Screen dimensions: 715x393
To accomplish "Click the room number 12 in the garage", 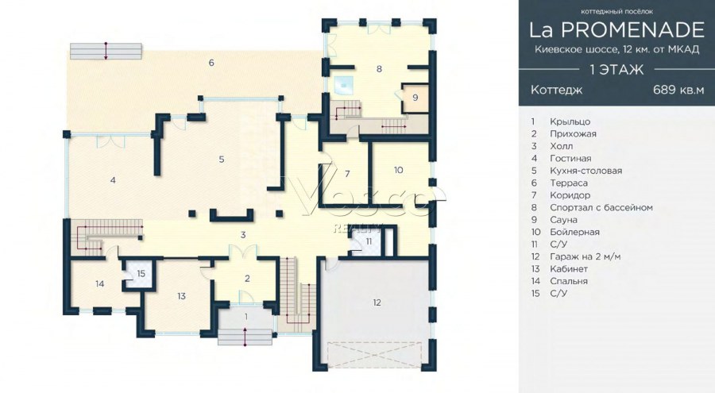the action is pyautogui.click(x=377, y=302).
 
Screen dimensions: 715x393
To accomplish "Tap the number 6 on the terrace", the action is pyautogui.click(x=211, y=63).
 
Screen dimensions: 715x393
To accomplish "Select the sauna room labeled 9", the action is pyautogui.click(x=415, y=98).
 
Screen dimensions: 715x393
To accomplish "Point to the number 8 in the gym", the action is pyautogui.click(x=379, y=69).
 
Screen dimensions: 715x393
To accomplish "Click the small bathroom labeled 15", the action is pyautogui.click(x=140, y=274).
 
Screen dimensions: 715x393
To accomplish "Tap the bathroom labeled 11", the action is pyautogui.click(x=368, y=241).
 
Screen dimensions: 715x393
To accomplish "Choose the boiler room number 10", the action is pyautogui.click(x=399, y=170).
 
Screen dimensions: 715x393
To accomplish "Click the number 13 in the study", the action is pyautogui.click(x=181, y=296).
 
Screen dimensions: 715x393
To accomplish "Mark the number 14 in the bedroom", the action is pyautogui.click(x=100, y=284).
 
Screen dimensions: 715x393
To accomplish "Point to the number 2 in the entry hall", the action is pyautogui.click(x=247, y=278).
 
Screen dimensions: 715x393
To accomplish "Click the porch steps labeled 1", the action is pyautogui.click(x=245, y=337).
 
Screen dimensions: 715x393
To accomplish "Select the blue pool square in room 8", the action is pyautogui.click(x=343, y=83).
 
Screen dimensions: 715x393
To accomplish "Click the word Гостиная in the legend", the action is pyautogui.click(x=570, y=159).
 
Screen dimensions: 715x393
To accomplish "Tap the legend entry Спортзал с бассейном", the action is pyautogui.click(x=601, y=208).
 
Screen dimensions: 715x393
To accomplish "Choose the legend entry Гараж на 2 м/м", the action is pyautogui.click(x=585, y=256).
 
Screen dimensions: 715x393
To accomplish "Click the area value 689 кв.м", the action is pyautogui.click(x=679, y=90).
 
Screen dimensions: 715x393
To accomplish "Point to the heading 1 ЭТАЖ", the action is pyautogui.click(x=616, y=69).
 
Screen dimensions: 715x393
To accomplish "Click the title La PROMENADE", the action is pyautogui.click(x=616, y=29).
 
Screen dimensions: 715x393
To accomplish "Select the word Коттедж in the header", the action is pyautogui.click(x=556, y=90).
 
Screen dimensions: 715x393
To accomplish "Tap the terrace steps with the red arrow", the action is pyautogui.click(x=106, y=51).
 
